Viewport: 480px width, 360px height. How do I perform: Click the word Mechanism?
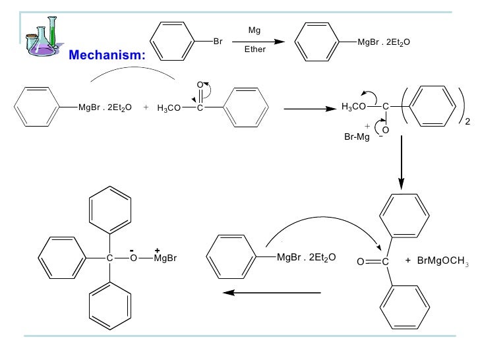point(107,55)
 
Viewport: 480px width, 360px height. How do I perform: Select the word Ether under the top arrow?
point(255,49)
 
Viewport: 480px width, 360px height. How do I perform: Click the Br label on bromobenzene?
point(218,41)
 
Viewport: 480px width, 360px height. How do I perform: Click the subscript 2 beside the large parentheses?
point(468,121)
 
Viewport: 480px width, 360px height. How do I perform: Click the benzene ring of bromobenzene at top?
point(173,41)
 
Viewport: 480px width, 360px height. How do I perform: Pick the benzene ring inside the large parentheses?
point(429,105)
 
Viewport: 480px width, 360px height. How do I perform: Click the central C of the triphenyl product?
point(110,258)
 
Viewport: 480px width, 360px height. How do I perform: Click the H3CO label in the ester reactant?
point(169,107)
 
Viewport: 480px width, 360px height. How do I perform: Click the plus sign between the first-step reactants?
point(145,107)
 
